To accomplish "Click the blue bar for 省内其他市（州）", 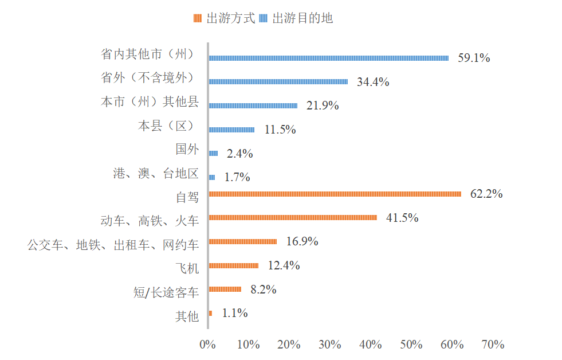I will point(328,58).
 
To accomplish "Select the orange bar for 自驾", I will point(335,194).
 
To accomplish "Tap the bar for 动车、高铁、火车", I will point(293,218).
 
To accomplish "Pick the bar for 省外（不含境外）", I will point(278,82).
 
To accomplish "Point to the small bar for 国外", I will point(213,154).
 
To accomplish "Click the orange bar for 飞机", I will point(233,265).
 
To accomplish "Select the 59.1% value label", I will point(474,58).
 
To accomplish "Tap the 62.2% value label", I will point(486,194).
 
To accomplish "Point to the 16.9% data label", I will point(302,241).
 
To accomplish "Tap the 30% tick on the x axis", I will point(329,345).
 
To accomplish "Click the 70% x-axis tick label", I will point(493,345).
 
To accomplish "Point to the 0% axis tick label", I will point(207,345).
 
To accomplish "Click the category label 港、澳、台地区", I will point(156,174).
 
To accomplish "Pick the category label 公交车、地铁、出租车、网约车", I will point(113,245).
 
